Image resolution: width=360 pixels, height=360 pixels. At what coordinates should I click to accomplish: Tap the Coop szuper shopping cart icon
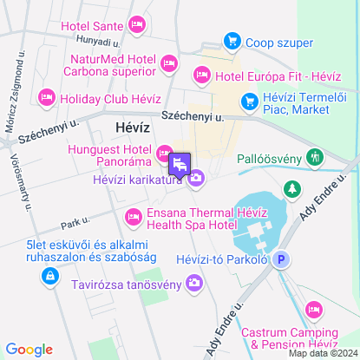[x=232, y=40]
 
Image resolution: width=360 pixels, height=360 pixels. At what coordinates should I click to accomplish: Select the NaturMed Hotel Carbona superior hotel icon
[x=169, y=62]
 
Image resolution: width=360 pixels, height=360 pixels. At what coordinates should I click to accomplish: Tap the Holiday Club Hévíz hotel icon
[x=47, y=96]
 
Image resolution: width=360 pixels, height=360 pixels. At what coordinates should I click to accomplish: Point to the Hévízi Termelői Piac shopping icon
[x=249, y=102]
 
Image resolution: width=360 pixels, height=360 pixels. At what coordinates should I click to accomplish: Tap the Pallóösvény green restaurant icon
[x=314, y=158]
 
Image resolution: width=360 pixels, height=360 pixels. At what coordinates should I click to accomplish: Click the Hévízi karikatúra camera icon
[x=196, y=179]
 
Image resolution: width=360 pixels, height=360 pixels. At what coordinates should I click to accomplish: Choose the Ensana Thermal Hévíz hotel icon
[x=133, y=216]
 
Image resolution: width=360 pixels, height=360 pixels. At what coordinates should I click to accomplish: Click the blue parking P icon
[x=280, y=259]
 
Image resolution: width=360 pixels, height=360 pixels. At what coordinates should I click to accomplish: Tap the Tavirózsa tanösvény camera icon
[x=194, y=283]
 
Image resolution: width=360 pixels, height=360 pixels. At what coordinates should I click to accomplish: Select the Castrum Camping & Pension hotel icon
[x=313, y=309]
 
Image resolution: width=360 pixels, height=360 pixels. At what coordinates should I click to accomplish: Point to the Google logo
[x=29, y=350]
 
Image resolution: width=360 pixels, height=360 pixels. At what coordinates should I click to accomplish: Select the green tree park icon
[x=292, y=188]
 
